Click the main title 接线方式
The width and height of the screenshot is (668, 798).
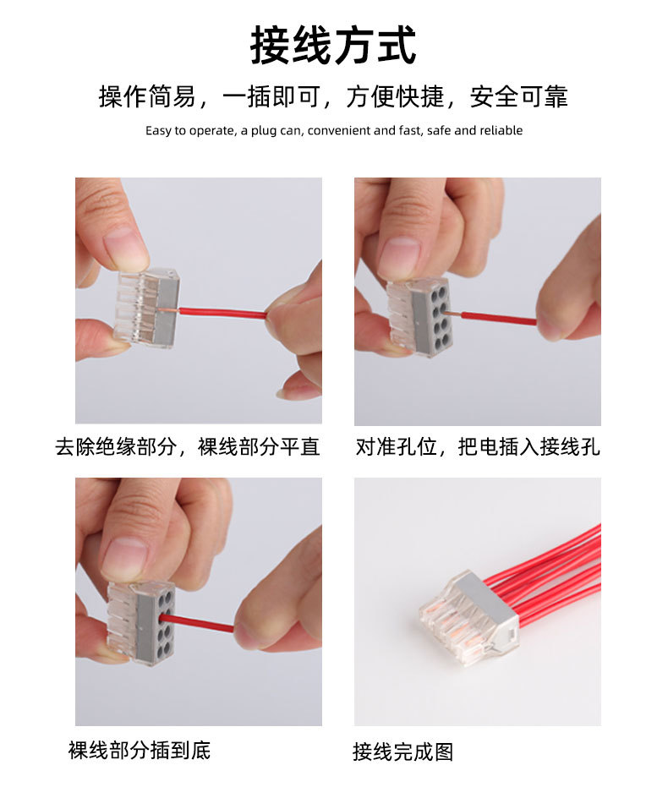pos(333,46)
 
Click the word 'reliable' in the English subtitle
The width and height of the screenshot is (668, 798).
pos(501,130)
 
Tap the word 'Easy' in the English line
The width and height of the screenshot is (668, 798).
pos(158,130)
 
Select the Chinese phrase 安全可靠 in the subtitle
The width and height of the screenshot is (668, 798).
pos(519,96)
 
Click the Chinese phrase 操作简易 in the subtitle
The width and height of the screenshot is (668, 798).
pos(147,96)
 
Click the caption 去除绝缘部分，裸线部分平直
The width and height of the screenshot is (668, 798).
pos(188,446)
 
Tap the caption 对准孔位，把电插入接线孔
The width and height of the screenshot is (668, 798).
pos(478,446)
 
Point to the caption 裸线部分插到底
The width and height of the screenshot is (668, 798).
pos(140,749)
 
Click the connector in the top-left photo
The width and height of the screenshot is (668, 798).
pos(148,306)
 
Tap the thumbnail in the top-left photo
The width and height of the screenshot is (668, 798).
pos(124,245)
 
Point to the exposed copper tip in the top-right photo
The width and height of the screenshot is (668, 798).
pos(454,315)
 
